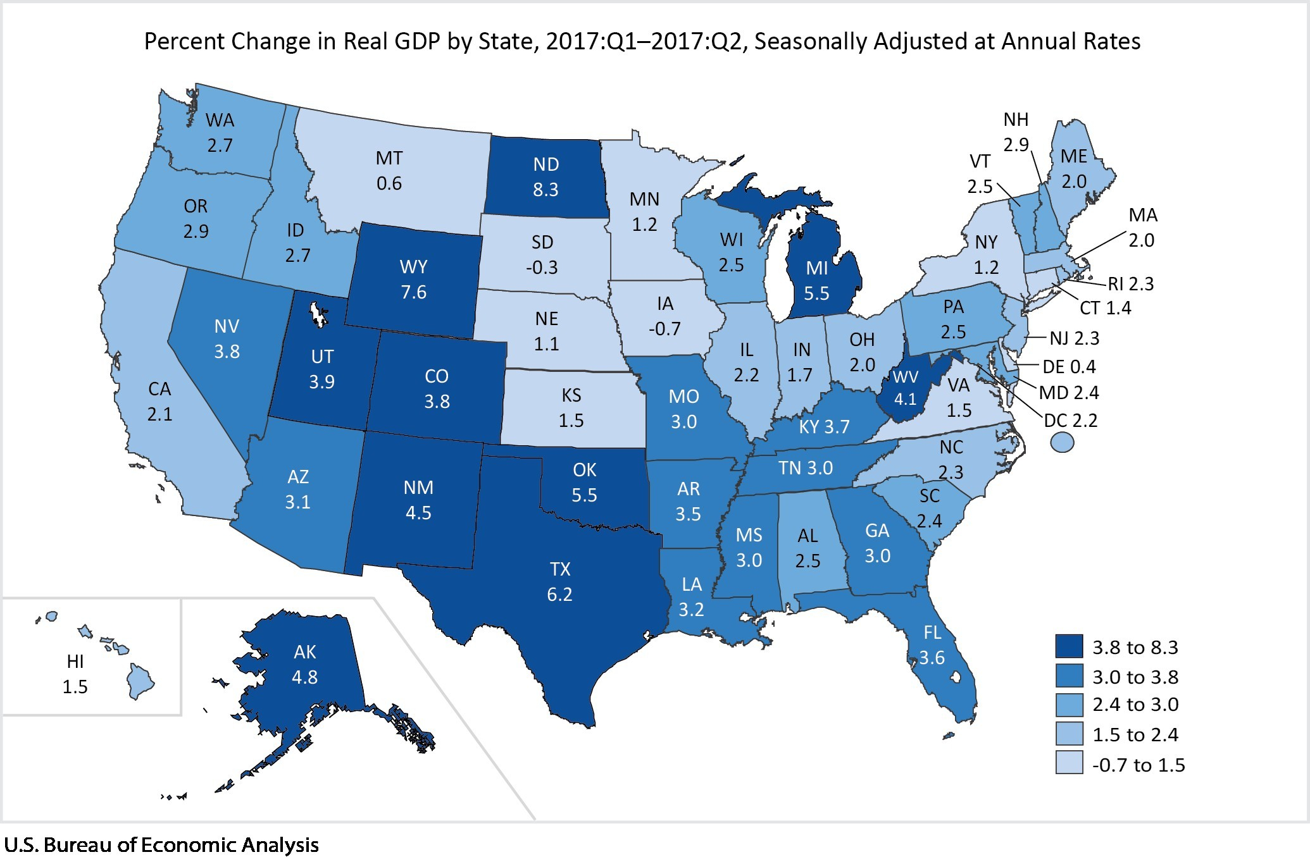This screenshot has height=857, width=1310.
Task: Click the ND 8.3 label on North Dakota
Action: pos(546,177)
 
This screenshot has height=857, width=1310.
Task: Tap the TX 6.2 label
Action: pos(560,582)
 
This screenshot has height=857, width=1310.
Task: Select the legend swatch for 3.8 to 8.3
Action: pos(1069,647)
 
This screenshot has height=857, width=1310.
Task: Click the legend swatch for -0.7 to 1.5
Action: pos(1069,764)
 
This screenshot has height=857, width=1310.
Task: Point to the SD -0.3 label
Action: pos(542,254)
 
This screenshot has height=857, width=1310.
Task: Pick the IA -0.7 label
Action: pos(664,316)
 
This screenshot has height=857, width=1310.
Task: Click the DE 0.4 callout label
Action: pos(1069,367)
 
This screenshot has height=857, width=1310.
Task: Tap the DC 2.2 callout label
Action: pos(1070,421)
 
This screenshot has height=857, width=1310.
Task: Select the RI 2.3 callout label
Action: pos(1130,284)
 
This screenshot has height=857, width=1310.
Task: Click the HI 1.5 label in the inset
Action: pos(75,674)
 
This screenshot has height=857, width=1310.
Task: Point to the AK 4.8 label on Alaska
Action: pos(304,664)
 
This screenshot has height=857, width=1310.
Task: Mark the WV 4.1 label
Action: pos(905,388)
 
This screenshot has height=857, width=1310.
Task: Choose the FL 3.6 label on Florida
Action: pos(932,645)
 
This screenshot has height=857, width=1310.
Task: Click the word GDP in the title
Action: pos(414,42)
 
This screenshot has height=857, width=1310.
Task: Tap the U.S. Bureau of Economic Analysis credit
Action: pos(161,845)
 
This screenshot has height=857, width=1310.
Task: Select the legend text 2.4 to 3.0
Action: pos(1135,705)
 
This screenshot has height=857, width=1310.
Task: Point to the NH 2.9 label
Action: pos(1016,132)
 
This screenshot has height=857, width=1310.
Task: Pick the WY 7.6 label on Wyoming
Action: pos(413,280)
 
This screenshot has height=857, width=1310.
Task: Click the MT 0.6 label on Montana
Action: pos(389,171)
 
